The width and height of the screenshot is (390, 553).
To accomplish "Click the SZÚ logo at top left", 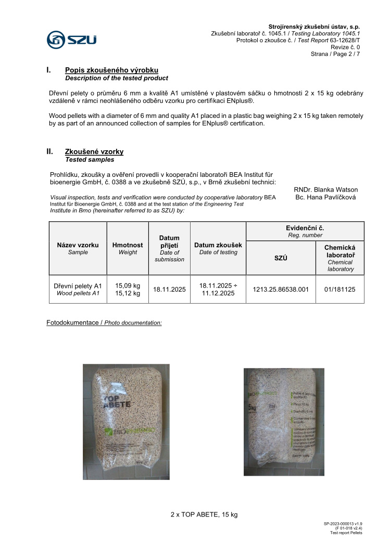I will (71, 40).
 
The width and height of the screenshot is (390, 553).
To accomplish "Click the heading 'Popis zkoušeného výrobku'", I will (111, 70).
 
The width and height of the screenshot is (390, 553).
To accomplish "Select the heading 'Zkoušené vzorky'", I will (94, 152).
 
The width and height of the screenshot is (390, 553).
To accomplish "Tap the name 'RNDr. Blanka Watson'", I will (325, 189).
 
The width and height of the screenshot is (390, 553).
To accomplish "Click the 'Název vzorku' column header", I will (78, 245).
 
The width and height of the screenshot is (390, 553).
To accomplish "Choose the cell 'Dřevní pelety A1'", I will (78, 286).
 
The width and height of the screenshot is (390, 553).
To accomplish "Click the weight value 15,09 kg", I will (128, 285).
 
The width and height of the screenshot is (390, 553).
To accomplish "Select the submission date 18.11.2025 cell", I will (170, 289).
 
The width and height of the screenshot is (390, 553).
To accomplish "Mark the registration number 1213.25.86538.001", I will (281, 289).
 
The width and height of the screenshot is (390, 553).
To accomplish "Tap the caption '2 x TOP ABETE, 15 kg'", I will (204, 515).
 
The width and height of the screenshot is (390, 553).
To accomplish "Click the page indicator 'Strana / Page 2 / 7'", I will (335, 54).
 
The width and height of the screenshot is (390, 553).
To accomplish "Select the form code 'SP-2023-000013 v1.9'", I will (343, 523).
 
